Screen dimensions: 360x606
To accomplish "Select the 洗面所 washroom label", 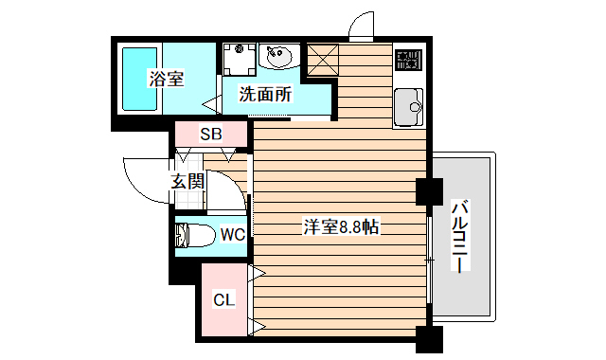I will (264, 95).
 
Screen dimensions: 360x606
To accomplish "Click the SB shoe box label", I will (210, 135).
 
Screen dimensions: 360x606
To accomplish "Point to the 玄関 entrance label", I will (187, 180).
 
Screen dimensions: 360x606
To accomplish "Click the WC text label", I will (232, 233).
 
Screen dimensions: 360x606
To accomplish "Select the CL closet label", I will (222, 301).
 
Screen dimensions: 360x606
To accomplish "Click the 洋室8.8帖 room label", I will (341, 227).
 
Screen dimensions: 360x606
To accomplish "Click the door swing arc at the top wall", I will (359, 26).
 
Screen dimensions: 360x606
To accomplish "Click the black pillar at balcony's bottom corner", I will (428, 337).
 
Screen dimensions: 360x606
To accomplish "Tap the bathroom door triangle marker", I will (210, 104).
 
